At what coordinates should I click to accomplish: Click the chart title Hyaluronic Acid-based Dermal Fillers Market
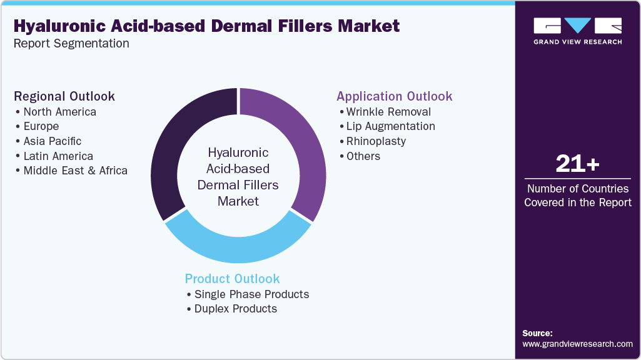tap(206, 26)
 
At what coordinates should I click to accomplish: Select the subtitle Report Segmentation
tap(71, 44)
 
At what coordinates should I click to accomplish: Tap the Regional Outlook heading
tap(64, 96)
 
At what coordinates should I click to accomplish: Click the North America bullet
tap(59, 112)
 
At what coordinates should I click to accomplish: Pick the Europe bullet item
tap(41, 126)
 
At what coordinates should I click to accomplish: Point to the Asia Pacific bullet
tap(53, 141)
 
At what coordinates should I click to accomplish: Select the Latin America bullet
tap(58, 156)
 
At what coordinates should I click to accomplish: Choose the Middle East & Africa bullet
tap(75, 171)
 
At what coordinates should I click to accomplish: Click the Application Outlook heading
tap(394, 96)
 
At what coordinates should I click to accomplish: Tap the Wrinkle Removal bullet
tap(388, 112)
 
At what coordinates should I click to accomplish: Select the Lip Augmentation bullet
tap(390, 126)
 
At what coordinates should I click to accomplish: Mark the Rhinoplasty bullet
tap(376, 141)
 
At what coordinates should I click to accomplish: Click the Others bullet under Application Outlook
tap(363, 156)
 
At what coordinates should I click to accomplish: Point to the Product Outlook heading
tap(232, 279)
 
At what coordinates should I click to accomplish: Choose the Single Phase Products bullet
tap(251, 294)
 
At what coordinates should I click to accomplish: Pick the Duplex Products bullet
tap(235, 309)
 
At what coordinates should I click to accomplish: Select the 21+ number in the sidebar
tap(577, 164)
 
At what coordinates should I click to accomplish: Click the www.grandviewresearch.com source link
tap(577, 344)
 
